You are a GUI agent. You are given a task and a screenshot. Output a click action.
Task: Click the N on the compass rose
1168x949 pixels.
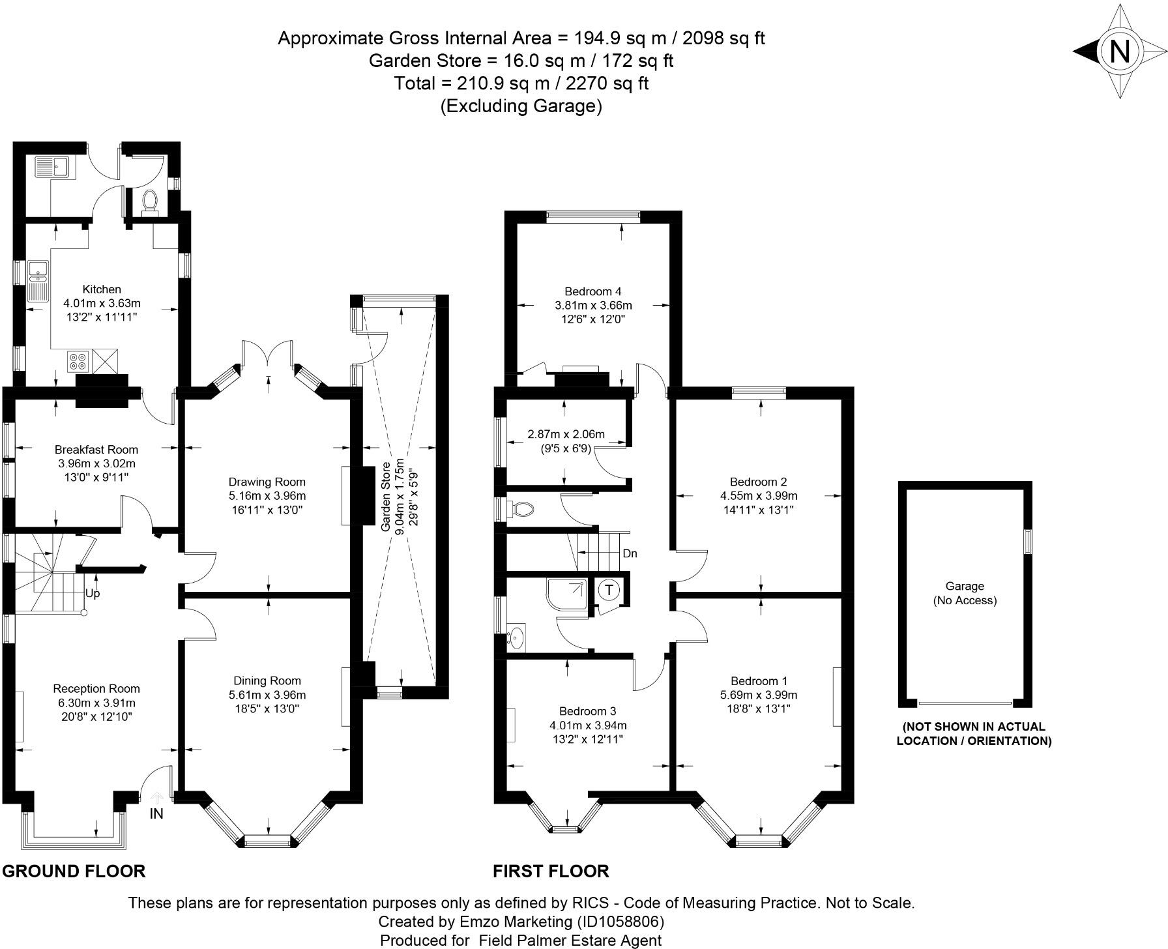click(1119, 51)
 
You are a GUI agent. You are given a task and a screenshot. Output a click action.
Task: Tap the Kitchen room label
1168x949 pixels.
click(102, 289)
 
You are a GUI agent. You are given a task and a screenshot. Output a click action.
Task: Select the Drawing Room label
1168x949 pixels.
click(267, 482)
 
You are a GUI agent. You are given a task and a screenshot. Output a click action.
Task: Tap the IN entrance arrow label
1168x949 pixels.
click(156, 813)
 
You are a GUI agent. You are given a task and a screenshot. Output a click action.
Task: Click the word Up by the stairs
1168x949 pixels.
click(93, 594)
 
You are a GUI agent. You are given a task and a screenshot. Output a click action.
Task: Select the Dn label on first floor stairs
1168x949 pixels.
click(630, 554)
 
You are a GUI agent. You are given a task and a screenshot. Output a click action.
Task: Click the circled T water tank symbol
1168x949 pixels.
click(609, 591)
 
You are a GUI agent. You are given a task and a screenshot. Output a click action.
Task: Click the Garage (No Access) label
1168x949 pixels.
click(965, 593)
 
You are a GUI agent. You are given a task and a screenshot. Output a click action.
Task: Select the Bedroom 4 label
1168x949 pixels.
click(589, 291)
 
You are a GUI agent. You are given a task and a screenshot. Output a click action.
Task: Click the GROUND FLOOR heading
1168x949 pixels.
click(74, 871)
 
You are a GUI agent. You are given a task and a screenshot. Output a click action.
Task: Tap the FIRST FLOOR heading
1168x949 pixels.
click(551, 871)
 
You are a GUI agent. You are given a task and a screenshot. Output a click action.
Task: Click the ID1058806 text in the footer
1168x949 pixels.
click(620, 922)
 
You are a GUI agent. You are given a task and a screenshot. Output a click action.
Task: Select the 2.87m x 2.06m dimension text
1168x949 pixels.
click(566, 434)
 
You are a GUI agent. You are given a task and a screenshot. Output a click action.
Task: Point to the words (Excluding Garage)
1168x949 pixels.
click(521, 106)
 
